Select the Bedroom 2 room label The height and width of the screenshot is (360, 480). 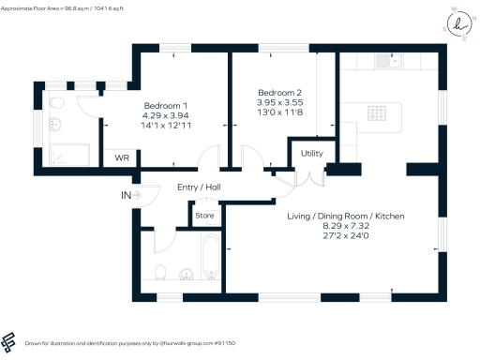point(280,92)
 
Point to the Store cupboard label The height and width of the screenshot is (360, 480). point(204,217)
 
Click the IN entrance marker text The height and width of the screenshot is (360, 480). point(126,195)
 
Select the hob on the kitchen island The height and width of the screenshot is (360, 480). point(378,113)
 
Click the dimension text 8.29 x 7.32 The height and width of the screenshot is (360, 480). point(346,227)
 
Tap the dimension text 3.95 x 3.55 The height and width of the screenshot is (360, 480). point(280,102)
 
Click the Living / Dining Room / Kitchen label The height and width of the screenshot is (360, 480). point(346,217)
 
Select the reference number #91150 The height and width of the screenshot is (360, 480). point(228,344)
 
